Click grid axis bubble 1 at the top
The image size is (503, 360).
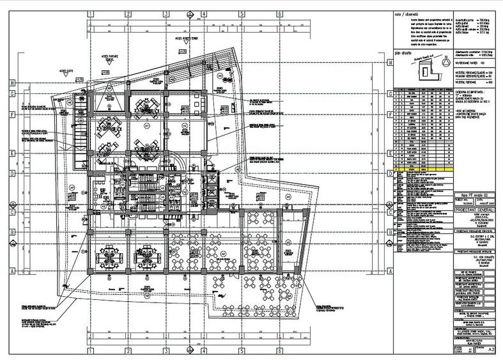(x=90, y=13)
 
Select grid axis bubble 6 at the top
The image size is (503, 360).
(x=279, y=13)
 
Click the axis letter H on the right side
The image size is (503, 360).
(x=389, y=63)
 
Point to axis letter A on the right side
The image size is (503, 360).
(x=389, y=270)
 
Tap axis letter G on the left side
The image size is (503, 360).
(x=12, y=93)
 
